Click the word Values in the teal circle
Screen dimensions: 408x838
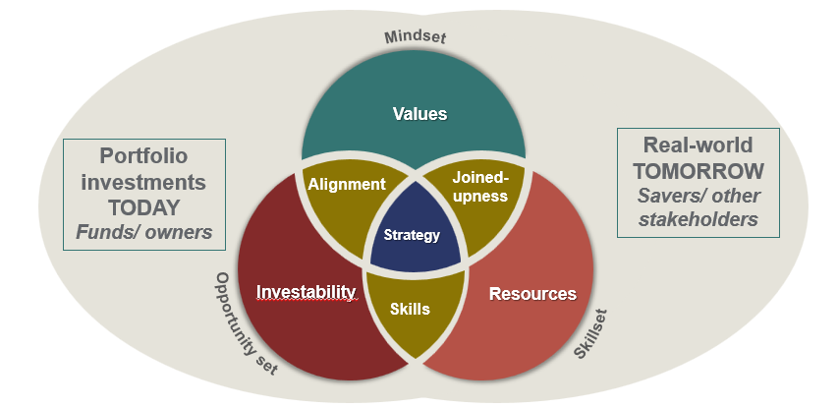419,113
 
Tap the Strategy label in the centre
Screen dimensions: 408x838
413,235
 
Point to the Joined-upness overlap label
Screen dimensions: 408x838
480,187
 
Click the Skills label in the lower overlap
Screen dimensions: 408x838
410,308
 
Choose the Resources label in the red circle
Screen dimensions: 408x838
532,293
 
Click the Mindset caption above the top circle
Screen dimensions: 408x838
417,38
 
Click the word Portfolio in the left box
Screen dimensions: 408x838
143,156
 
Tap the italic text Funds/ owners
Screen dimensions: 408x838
143,232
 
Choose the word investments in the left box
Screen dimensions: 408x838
144,182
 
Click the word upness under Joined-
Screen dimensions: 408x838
480,196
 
